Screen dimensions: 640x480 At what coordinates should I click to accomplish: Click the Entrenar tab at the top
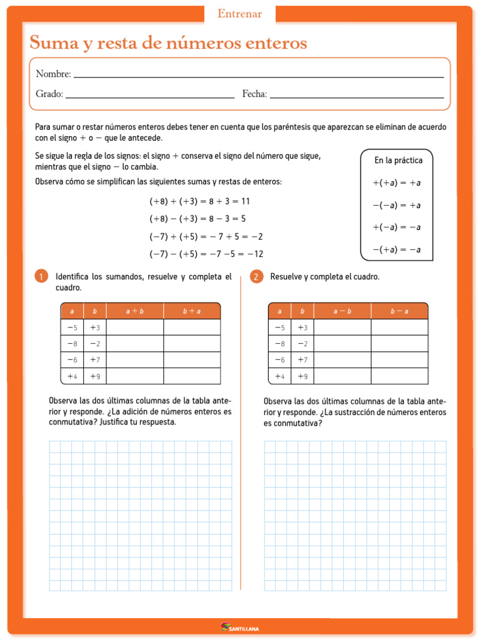pos(239,14)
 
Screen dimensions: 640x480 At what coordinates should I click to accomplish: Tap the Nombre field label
pos(53,74)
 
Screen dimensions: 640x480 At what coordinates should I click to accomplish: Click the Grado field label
pos(49,94)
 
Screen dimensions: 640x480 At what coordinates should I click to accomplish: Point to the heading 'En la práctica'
pos(398,161)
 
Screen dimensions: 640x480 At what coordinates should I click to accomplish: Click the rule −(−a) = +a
pos(397,205)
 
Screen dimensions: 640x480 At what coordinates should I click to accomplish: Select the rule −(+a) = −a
pos(397,249)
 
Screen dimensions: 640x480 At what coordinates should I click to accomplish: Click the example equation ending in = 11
pos(199,201)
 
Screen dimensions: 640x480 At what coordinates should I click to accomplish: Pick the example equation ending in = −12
pos(206,254)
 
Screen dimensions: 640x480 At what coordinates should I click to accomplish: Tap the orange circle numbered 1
pos(41,277)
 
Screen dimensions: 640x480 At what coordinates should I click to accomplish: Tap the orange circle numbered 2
pos(256,277)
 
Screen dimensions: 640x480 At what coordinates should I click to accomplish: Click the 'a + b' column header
pos(135,311)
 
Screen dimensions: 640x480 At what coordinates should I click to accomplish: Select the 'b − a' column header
pos(399,311)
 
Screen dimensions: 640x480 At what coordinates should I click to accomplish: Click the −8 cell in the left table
pos(72,344)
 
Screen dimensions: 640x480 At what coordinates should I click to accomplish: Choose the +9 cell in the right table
pos(302,376)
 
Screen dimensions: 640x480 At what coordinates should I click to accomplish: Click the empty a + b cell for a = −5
pos(135,327)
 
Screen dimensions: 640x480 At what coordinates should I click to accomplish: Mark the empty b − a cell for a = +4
pos(399,376)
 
